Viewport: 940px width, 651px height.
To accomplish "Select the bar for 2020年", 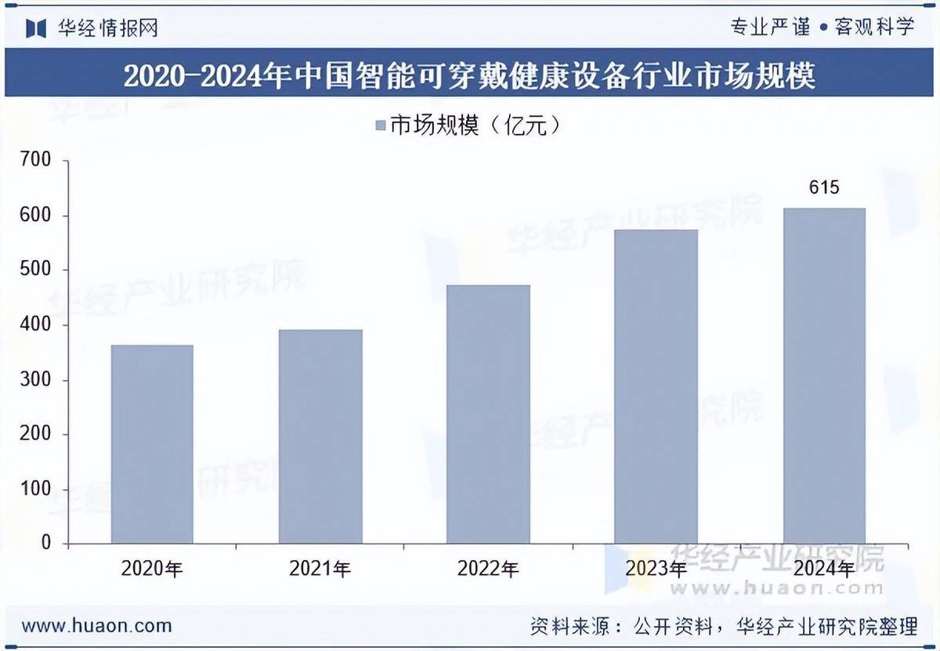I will pos(152,443).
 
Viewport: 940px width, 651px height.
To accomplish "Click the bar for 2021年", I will pos(320,436).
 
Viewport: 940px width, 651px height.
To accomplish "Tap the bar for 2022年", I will pos(488,414).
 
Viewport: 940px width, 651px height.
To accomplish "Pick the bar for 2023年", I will pos(656,386).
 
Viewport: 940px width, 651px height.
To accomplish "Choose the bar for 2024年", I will pos(824,375).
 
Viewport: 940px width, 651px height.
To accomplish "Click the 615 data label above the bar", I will pos(824,188).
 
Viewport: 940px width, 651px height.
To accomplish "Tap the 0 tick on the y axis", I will pos(45,543).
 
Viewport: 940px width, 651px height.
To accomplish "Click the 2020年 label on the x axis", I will pos(152,570).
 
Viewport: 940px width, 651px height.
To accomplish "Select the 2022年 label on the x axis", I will pos(488,570).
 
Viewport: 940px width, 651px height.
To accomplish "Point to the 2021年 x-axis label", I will pos(320,570).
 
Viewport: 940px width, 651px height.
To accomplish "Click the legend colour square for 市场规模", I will pos(380,126).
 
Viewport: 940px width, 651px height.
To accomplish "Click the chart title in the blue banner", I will pos(470,76).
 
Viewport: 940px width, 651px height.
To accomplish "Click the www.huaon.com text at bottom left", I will pos(96,626).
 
